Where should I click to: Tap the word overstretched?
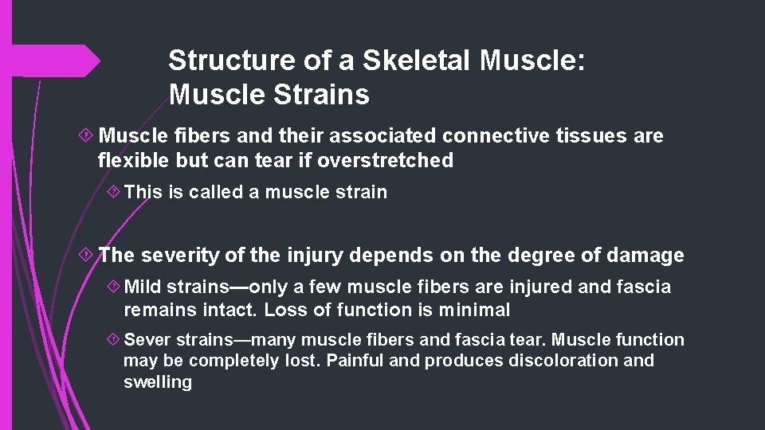pyautogui.click(x=385, y=160)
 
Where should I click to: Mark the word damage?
pyautogui.click(x=645, y=256)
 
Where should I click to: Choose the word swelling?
pyautogui.click(x=158, y=382)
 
